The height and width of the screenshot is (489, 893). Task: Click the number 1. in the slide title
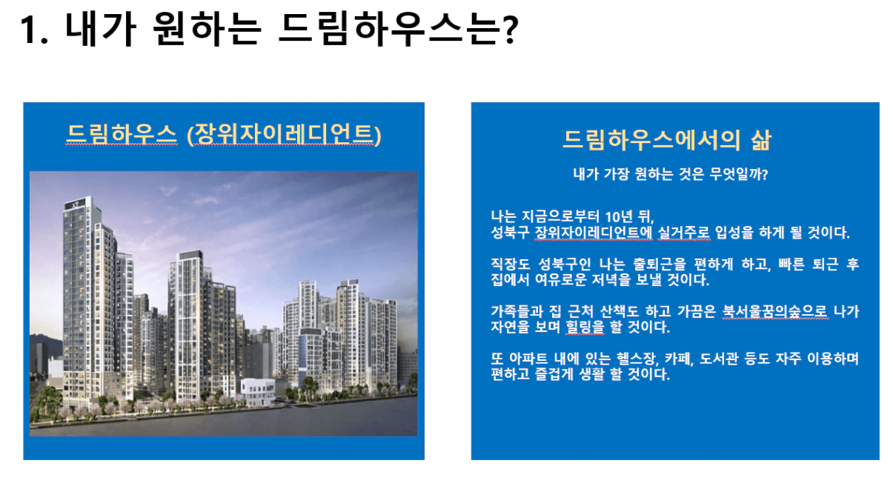coord(34,30)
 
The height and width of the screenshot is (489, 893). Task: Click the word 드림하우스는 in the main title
coord(388,30)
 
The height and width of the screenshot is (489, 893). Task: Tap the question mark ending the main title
coord(510,30)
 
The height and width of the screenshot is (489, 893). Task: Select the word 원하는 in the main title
coord(207,30)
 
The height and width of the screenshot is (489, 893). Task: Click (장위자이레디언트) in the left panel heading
coord(285,134)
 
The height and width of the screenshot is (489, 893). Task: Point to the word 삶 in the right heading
coord(761,140)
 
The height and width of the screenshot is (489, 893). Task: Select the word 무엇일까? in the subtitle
coord(739,174)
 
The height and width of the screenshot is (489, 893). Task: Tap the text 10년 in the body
coord(618,217)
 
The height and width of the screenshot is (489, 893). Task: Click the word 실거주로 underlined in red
coord(683,233)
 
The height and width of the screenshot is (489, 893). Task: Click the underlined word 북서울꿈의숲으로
coord(774,311)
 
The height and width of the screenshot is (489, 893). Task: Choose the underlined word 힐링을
coord(585,327)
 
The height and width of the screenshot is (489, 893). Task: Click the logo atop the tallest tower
coord(76,204)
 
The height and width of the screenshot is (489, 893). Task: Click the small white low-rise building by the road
coord(258,392)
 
